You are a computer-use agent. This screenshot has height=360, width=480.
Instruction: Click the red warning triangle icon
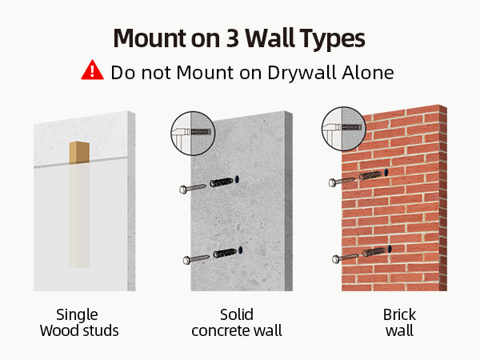click(92, 70)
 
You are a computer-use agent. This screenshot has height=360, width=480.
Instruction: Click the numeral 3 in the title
click(233, 38)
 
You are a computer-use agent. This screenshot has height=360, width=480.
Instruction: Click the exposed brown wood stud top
click(79, 152)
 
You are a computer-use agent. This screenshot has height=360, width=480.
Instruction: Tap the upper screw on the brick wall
click(342, 182)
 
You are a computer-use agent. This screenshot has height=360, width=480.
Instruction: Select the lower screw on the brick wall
click(345, 258)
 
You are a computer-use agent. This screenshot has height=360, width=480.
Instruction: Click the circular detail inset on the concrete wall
click(193, 133)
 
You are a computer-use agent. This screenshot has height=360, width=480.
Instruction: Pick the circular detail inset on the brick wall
click(343, 129)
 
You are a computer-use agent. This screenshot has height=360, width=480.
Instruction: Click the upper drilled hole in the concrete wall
click(237, 179)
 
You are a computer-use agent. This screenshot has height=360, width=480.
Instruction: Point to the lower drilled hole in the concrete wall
click(240, 250)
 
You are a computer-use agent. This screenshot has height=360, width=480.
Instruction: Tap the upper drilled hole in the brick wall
click(386, 172)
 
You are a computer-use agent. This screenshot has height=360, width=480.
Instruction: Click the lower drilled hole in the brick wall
click(390, 249)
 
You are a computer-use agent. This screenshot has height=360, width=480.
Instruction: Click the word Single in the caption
click(77, 315)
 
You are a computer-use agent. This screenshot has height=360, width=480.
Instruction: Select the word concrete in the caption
click(220, 331)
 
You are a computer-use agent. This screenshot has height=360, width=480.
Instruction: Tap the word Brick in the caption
click(399, 314)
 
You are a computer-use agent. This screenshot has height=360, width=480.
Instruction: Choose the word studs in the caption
click(102, 331)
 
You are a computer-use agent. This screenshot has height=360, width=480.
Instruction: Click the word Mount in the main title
click(150, 38)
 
